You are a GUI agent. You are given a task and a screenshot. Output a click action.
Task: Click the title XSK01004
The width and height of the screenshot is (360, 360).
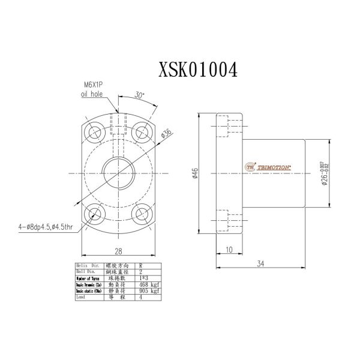tap(197, 69)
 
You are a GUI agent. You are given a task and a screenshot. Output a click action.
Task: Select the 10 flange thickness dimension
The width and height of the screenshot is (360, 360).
tap(229, 249)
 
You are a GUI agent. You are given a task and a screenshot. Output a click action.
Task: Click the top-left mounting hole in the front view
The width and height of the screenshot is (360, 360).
tap(94, 131)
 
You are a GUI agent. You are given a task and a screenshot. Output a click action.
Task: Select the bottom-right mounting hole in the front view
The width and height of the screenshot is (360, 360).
tap(142, 214)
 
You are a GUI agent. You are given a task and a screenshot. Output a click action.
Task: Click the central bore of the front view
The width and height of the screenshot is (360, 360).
tap(118, 172)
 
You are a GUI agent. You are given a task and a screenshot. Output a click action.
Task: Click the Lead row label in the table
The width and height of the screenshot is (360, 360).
tap(80, 296)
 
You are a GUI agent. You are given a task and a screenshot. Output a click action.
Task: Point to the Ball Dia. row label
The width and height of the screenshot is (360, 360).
tap(85, 272)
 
